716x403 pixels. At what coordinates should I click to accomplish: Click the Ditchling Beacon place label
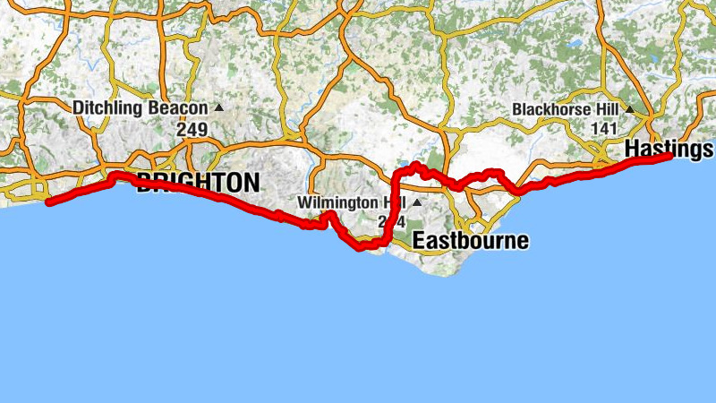pyautogui.click(x=141, y=108)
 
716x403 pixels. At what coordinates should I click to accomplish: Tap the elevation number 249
pyautogui.click(x=192, y=130)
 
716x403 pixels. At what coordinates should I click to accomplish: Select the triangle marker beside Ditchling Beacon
pyautogui.click(x=218, y=108)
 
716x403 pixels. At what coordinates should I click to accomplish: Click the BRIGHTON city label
pyautogui.click(x=199, y=183)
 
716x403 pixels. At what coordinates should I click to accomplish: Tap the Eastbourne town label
pyautogui.click(x=471, y=241)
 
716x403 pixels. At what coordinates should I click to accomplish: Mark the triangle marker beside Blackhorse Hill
pyautogui.click(x=629, y=109)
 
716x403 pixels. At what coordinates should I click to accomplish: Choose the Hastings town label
pyautogui.click(x=669, y=147)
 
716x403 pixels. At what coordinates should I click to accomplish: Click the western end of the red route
pyautogui.click(x=48, y=203)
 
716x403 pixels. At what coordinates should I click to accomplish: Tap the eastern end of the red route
pyautogui.click(x=669, y=157)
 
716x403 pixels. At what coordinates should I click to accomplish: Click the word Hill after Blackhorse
pyautogui.click(x=605, y=109)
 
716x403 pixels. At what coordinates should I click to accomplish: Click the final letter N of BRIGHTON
pyautogui.click(x=251, y=183)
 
